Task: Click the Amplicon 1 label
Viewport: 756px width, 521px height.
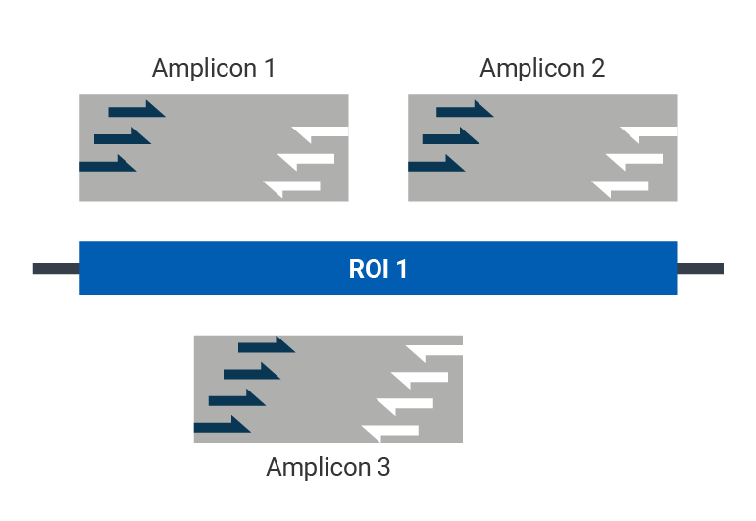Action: coord(213,68)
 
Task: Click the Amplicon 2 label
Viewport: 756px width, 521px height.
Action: coord(541,68)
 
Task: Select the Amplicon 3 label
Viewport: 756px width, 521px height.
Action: coord(328,467)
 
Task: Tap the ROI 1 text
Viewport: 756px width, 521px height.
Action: coord(378,269)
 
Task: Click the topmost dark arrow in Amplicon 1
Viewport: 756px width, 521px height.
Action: coord(135,110)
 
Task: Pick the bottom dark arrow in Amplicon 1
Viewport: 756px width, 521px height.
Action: coord(107,165)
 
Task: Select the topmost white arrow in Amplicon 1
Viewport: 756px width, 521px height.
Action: coord(321,132)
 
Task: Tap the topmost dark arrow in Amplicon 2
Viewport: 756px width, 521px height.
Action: coord(464,110)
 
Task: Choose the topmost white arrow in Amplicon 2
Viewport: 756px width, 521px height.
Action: coord(649,132)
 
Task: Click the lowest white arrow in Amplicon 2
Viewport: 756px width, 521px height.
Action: coord(621,186)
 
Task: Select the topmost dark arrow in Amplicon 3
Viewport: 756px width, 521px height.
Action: coord(266,345)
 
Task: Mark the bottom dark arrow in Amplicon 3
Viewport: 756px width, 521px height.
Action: coord(222,426)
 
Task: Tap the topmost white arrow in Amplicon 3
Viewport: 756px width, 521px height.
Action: coord(434,351)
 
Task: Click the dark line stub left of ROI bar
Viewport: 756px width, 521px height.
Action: coord(55,269)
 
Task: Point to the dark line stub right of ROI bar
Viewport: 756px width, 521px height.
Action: coord(700,269)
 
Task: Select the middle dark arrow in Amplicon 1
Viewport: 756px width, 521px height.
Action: coord(122,137)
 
